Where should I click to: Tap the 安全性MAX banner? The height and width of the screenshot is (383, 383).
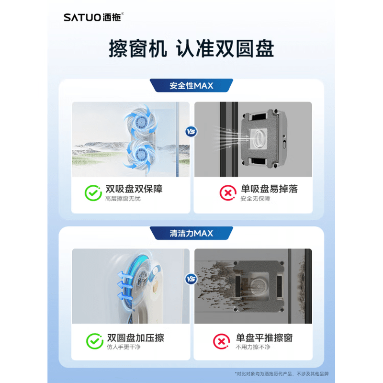tap(191, 86)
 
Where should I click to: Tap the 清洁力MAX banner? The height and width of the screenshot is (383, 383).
tap(191, 233)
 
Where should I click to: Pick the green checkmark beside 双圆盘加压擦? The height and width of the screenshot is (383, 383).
tap(94, 341)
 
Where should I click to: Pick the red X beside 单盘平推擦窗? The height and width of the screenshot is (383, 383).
tap(221, 341)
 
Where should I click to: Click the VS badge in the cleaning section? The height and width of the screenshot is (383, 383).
tap(191, 279)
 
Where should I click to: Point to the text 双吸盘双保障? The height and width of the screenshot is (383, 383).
tap(134, 189)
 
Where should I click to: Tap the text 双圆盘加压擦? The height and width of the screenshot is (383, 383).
tap(135, 338)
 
